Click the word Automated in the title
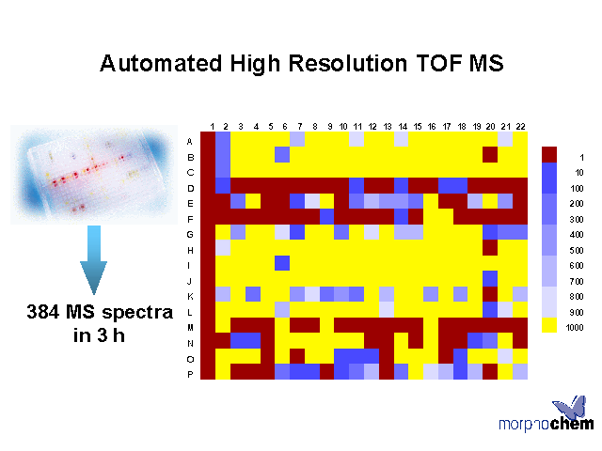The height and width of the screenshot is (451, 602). tap(161, 63)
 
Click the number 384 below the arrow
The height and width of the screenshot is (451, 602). tap(42, 311)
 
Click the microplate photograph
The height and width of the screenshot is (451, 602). tap(94, 175)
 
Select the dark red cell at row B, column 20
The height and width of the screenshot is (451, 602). tap(490, 154)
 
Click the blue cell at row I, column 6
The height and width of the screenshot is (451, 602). tap(282, 263)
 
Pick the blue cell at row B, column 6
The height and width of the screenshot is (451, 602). tap(282, 154)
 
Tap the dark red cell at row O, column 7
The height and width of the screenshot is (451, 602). tap(297, 356)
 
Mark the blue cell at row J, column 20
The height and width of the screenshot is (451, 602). tap(490, 278)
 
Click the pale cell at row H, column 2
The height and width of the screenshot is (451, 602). tap(223, 247)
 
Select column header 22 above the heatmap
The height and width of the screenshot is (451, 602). tap(520, 127)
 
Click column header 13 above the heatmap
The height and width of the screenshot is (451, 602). tap(388, 127)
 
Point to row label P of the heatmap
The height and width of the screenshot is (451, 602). tap(190, 374)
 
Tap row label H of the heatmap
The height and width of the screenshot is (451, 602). tap(190, 250)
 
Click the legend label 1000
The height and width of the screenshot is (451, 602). tap(575, 328)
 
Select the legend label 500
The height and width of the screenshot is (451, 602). tap(577, 250)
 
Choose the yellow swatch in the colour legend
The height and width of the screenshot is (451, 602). tap(549, 325)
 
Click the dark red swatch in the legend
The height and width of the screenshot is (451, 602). tap(549, 154)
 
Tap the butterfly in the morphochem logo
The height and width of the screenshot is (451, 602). tap(571, 407)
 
